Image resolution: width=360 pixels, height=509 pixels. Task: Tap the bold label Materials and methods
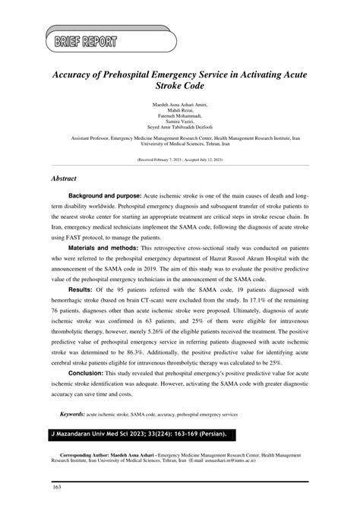click(x=103, y=248)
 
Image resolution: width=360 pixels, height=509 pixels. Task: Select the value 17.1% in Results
click(x=263, y=300)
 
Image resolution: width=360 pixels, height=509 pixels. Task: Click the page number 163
click(x=56, y=485)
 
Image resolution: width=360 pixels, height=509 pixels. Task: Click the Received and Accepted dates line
click(x=179, y=161)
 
